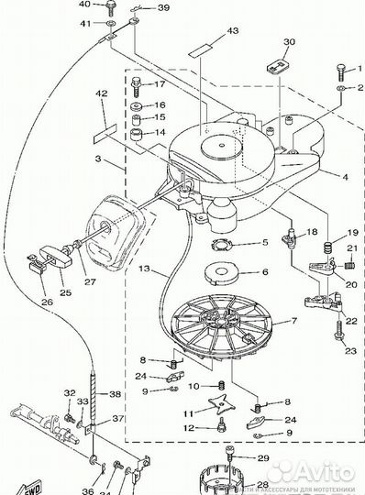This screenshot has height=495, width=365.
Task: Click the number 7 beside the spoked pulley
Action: point(294,322)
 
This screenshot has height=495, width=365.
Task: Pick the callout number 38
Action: point(115,394)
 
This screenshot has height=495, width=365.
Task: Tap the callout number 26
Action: point(47,299)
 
